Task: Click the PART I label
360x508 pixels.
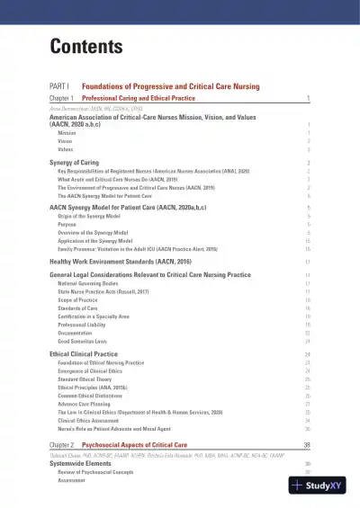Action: click(59, 85)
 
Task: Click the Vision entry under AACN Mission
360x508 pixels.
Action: click(65, 140)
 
